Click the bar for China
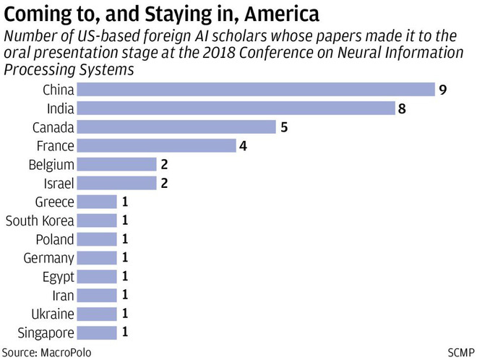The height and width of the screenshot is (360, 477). click(x=254, y=90)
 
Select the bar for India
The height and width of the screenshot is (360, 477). click(x=235, y=108)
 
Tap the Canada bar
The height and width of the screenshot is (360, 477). click(x=176, y=127)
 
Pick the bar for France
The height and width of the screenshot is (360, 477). click(x=156, y=146)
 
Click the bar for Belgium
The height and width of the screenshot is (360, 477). click(x=116, y=165)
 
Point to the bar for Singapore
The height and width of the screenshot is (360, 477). click(x=97, y=333)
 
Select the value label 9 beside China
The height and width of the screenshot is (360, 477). click(x=441, y=90)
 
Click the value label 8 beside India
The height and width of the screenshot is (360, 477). click(x=402, y=108)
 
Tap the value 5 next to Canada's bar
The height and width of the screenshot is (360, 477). click(x=284, y=127)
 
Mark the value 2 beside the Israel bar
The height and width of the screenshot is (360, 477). click(x=165, y=184)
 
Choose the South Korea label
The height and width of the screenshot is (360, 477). click(x=39, y=220)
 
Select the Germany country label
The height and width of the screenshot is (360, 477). click(x=48, y=258)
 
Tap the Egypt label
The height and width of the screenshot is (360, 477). click(x=58, y=277)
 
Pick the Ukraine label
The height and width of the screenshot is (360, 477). click(x=52, y=314)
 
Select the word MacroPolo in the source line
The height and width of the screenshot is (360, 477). click(x=66, y=351)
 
